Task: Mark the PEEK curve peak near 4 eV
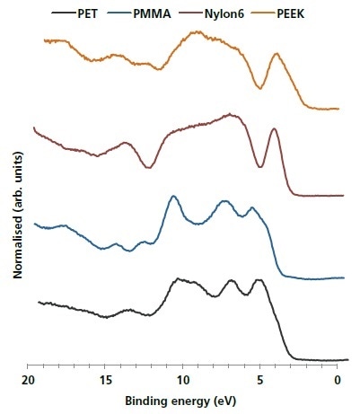click(x=277, y=54)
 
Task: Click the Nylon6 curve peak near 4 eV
click(x=274, y=129)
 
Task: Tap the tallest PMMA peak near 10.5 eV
click(x=173, y=196)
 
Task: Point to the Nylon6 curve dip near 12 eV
click(x=148, y=166)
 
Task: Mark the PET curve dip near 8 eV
click(x=215, y=295)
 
